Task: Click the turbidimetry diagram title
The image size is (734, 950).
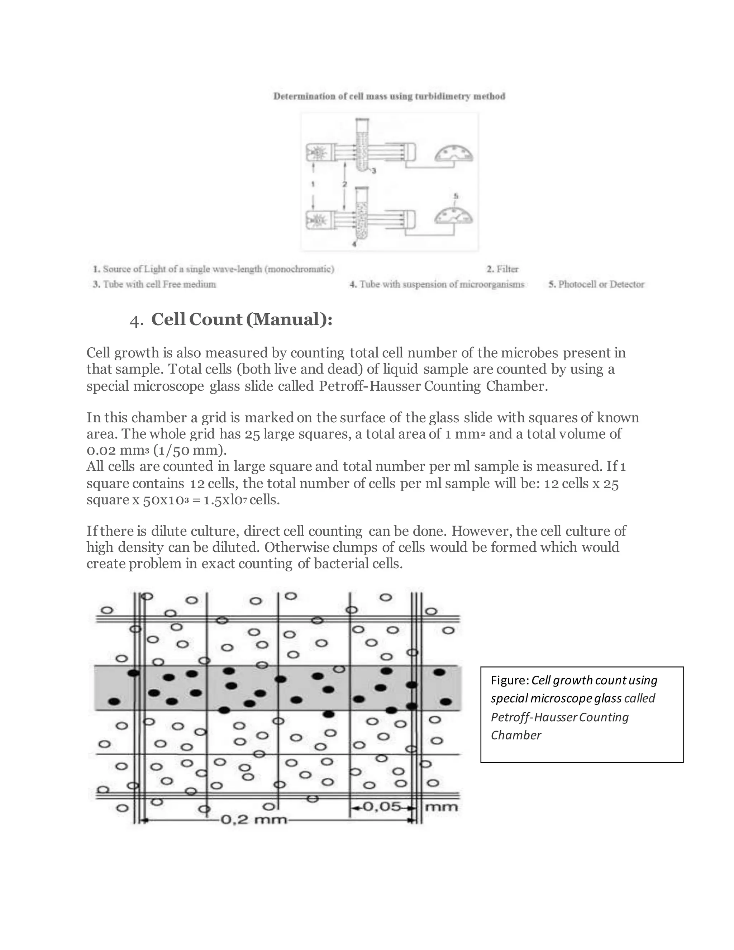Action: tap(389, 96)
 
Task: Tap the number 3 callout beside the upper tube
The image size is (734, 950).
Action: tap(373, 171)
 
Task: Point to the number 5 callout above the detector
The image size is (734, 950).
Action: tap(456, 196)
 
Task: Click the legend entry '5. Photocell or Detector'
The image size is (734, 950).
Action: tap(596, 285)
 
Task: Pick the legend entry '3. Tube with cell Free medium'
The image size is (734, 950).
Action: tap(154, 285)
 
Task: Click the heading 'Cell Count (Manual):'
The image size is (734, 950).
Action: tap(242, 320)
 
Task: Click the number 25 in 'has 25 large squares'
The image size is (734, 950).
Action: tap(253, 434)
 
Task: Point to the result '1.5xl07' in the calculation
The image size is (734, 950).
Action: tap(225, 500)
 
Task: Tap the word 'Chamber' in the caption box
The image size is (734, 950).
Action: tap(516, 735)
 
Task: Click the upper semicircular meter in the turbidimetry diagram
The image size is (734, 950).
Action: tap(454, 155)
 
